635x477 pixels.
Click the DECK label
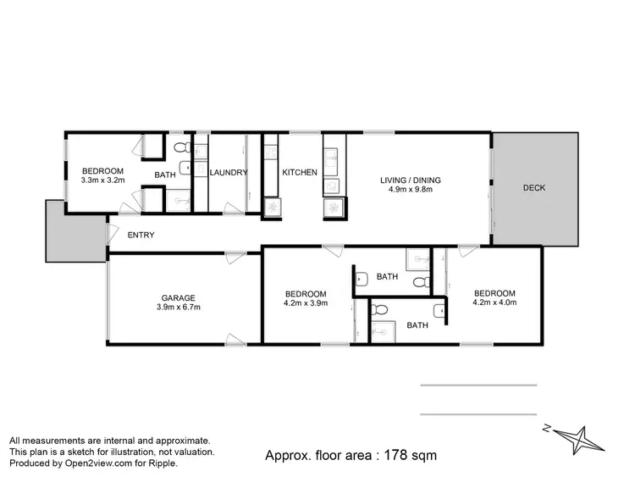coord(533,188)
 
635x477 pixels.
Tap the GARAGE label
coord(179,297)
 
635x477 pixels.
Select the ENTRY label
coord(141,235)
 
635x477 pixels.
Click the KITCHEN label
coord(300,173)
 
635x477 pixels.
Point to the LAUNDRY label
coord(229,173)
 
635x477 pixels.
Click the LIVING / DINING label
coord(410,180)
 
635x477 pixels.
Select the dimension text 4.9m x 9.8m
coord(410,190)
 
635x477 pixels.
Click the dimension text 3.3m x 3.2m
coord(102,180)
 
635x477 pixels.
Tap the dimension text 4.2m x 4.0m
coord(494,302)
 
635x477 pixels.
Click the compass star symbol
coord(583,437)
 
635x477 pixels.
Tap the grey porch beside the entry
coord(62,230)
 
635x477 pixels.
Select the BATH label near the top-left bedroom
coord(164,175)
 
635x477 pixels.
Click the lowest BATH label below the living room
coord(417,325)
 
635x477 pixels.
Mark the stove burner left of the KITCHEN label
coord(273,206)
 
